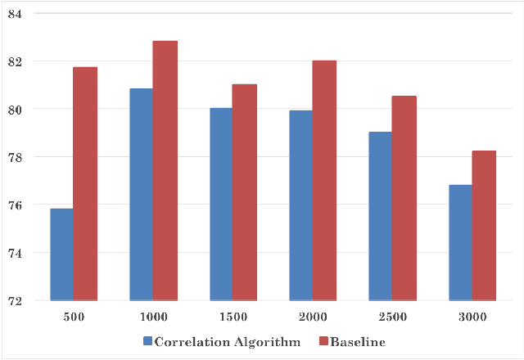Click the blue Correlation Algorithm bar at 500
(x=61, y=254)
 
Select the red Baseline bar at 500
(x=85, y=184)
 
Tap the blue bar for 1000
(x=141, y=195)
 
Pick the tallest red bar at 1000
(x=165, y=171)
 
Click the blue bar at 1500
(x=221, y=205)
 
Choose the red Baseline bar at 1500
(x=244, y=192)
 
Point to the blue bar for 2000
(x=300, y=205)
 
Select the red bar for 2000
(x=323, y=181)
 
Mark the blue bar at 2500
(x=380, y=216)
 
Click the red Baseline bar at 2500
(x=404, y=199)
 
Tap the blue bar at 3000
(x=459, y=242)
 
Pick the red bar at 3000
(x=483, y=226)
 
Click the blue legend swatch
(x=148, y=340)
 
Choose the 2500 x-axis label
(x=391, y=317)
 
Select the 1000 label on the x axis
(x=152, y=317)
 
